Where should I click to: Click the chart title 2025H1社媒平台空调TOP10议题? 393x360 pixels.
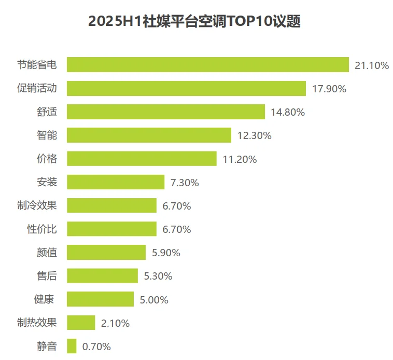tap(194, 22)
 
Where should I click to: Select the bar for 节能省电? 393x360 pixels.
tap(207, 65)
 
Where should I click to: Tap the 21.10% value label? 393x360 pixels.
tap(371, 65)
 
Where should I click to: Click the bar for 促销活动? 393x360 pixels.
tap(186, 89)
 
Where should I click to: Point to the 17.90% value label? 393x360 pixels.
tap(329, 89)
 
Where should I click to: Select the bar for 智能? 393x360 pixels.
tap(149, 135)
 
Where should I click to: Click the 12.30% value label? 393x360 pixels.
tap(254, 136)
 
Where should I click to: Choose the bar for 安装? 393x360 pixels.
tap(116, 182)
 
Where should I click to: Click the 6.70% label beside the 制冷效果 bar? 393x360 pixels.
tap(176, 206)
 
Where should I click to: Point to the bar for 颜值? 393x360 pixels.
tap(106, 253)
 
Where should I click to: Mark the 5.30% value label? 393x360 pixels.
tap(158, 276)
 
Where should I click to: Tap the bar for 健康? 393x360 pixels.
tap(100, 299)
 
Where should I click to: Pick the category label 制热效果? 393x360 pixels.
tap(37, 323)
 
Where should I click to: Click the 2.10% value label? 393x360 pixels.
tap(115, 323)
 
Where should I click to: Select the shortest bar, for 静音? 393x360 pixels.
tap(72, 346)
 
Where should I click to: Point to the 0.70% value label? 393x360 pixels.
tap(96, 347)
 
